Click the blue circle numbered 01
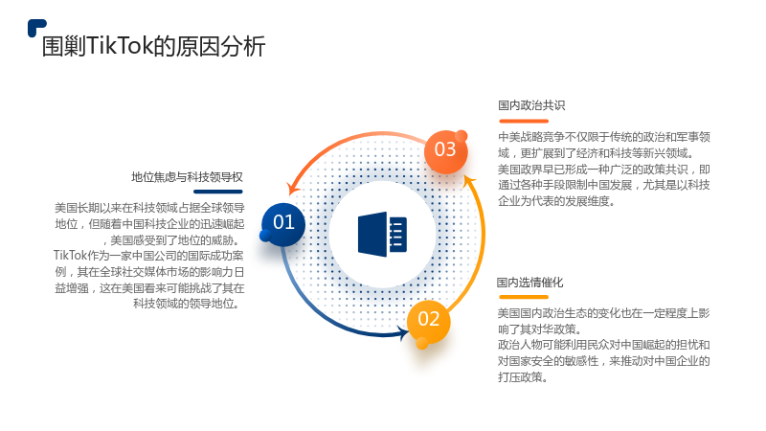[x=283, y=224]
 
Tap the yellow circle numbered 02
[x=428, y=321]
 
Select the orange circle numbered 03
[x=445, y=151]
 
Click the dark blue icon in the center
[x=382, y=234]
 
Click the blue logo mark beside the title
[x=36, y=28]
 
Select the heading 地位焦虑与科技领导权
[x=187, y=177]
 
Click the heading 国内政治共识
[x=531, y=105]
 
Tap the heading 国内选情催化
[x=530, y=282]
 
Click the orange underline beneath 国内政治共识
[x=524, y=122]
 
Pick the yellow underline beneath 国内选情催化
[x=524, y=297]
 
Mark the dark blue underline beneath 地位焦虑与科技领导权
[x=218, y=192]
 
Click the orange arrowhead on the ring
[x=294, y=188]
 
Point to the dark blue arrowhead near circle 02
[x=403, y=333]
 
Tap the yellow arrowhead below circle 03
[x=469, y=182]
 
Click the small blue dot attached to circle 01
[x=265, y=236]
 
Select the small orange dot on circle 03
[x=462, y=136]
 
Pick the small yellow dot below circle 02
[x=422, y=344]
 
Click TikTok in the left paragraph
[x=70, y=256]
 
